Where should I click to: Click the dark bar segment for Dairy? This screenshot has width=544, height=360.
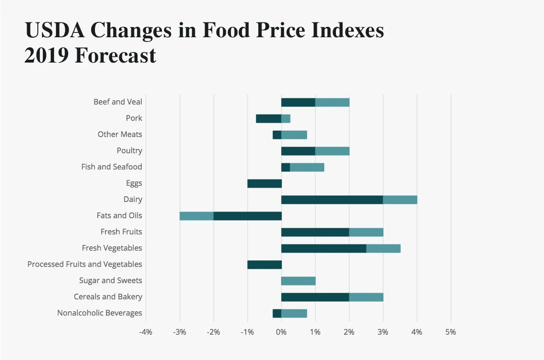pyautogui.click(x=332, y=200)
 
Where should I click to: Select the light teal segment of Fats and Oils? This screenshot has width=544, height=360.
pyautogui.click(x=197, y=216)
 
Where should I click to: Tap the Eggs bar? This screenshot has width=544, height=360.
pyautogui.click(x=264, y=183)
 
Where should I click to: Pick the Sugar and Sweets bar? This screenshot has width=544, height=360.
pyautogui.click(x=298, y=281)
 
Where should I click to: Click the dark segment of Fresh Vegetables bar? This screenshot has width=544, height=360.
pyautogui.click(x=324, y=248)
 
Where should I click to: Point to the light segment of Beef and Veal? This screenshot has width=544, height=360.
pyautogui.click(x=332, y=102)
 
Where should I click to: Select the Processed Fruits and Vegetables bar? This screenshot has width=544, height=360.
pyautogui.click(x=264, y=265)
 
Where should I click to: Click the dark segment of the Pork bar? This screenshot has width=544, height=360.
pyautogui.click(x=269, y=118)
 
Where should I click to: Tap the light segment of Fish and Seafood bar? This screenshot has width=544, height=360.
pyautogui.click(x=307, y=167)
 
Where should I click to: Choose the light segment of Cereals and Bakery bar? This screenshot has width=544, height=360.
pyautogui.click(x=366, y=297)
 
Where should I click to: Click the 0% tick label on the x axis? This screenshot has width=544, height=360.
pyautogui.click(x=282, y=332)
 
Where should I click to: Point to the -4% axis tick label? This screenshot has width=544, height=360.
pyautogui.click(x=146, y=332)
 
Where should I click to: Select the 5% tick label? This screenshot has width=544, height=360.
pyautogui.click(x=450, y=332)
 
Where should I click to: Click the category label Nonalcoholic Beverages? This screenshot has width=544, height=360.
pyautogui.click(x=100, y=313)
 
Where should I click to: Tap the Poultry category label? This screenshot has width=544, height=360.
pyautogui.click(x=129, y=151)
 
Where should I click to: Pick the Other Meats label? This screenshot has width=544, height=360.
pyautogui.click(x=120, y=135)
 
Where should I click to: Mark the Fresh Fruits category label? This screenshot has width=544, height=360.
pyautogui.click(x=121, y=232)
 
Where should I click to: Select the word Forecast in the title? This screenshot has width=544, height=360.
pyautogui.click(x=115, y=55)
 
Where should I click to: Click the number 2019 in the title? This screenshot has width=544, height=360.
pyautogui.click(x=46, y=55)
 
